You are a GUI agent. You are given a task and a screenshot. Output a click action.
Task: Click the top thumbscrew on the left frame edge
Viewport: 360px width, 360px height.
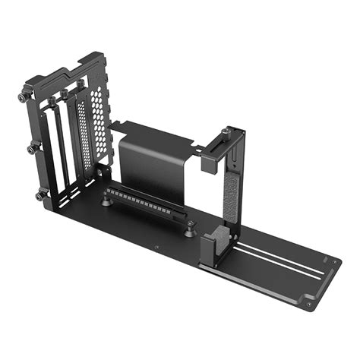(x=22, y=99)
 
